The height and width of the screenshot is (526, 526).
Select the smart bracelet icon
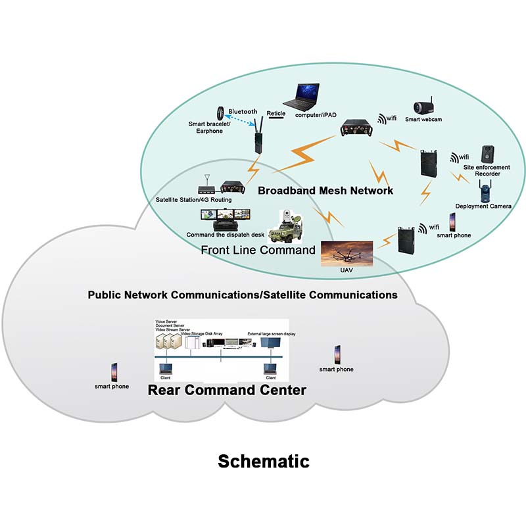(x=221, y=112)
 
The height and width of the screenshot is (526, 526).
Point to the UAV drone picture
(x=347, y=252)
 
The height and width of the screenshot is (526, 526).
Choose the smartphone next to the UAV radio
(x=453, y=222)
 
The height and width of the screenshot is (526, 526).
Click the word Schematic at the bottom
(x=263, y=461)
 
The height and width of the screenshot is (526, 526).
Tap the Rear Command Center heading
(x=227, y=390)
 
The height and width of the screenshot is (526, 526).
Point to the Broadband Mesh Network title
(x=325, y=191)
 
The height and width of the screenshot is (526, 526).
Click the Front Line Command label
(x=258, y=250)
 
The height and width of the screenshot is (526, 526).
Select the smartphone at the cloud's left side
(x=112, y=372)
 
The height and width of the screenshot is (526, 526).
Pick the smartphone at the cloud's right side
(x=337, y=355)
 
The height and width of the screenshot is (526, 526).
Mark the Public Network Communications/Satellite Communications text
(x=243, y=295)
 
